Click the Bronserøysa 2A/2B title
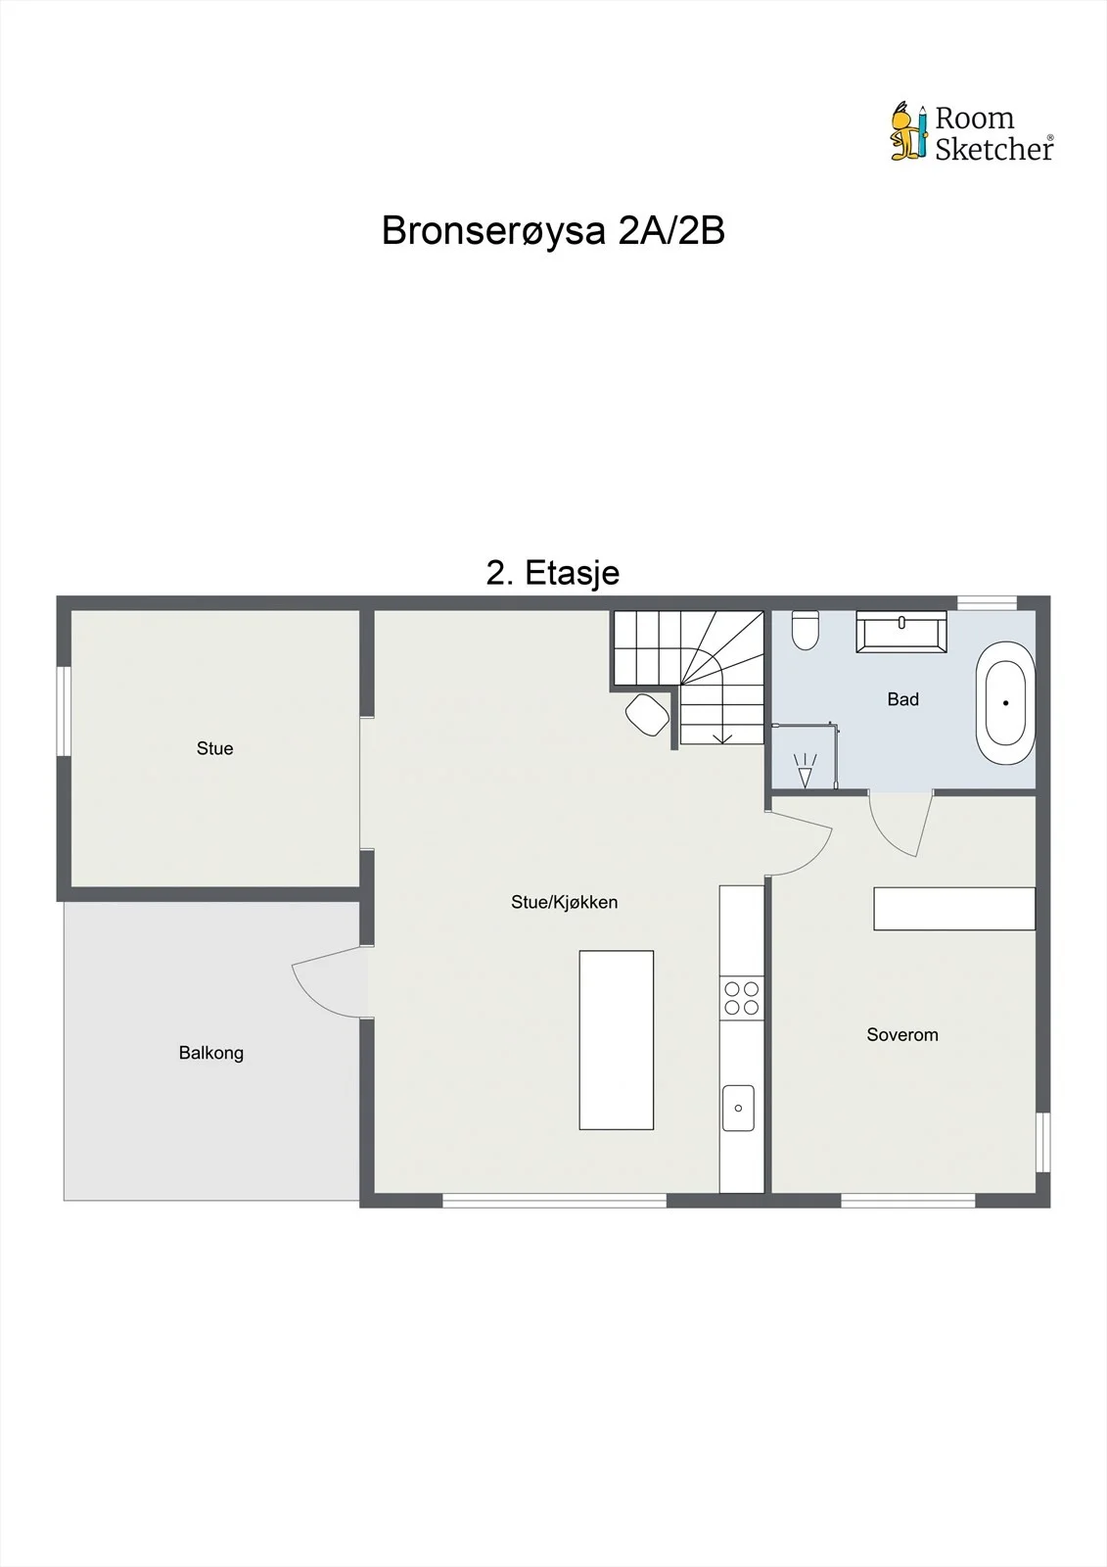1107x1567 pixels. click(x=552, y=230)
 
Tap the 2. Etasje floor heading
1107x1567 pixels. click(x=552, y=573)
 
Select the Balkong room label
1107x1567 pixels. click(x=211, y=1053)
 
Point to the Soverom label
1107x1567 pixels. click(x=902, y=1034)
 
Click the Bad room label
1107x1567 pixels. click(x=902, y=699)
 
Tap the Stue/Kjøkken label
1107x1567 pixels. click(x=565, y=902)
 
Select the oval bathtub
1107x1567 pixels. click(x=1005, y=702)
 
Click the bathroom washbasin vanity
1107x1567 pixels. click(x=901, y=632)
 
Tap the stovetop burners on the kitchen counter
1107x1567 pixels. click(x=741, y=998)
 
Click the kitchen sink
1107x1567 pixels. click(x=738, y=1108)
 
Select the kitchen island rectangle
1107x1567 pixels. click(x=616, y=1040)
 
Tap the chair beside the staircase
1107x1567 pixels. click(x=647, y=714)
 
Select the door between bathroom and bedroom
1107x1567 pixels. click(x=900, y=826)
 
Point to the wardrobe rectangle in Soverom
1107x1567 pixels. click(x=954, y=909)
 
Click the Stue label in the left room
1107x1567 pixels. click(x=214, y=748)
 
